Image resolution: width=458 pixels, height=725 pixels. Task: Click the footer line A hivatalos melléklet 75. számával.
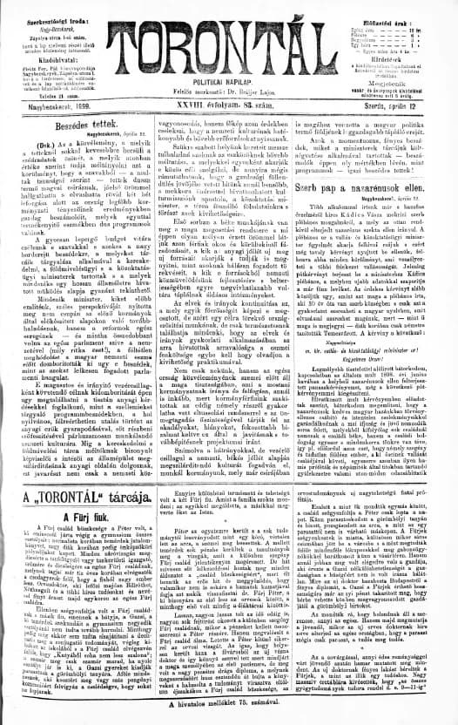point(229,717)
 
